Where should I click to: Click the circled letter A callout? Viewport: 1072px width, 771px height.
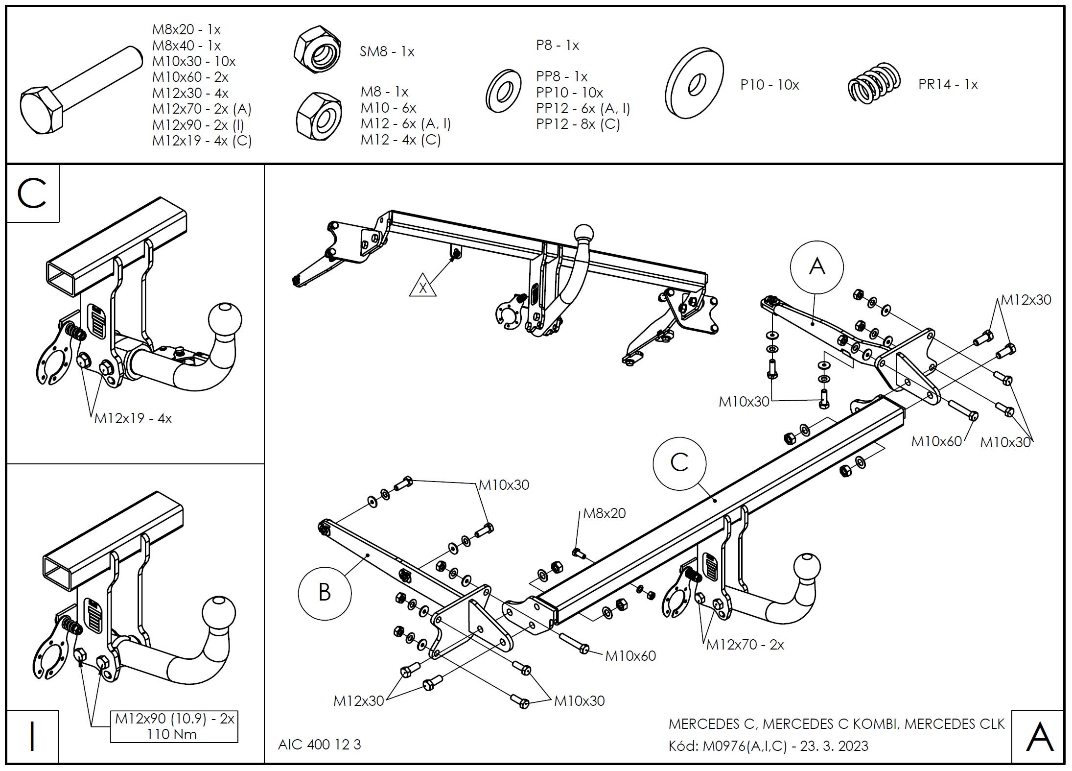[816, 267]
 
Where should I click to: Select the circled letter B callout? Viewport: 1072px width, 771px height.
[325, 592]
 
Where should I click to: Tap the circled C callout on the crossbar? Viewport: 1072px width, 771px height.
[679, 462]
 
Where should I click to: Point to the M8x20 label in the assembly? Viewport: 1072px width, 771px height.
[604, 513]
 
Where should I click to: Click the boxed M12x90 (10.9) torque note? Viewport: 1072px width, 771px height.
[174, 726]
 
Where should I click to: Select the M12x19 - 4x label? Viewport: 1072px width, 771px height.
[133, 418]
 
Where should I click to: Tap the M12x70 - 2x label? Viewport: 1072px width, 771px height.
[745, 645]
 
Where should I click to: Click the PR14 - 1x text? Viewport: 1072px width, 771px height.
[948, 84]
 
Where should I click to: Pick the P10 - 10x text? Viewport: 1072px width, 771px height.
[769, 85]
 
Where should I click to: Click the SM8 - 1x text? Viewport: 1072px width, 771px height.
[387, 51]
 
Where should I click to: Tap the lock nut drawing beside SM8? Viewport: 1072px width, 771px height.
[318, 50]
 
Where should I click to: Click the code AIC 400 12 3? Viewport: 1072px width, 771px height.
[319, 745]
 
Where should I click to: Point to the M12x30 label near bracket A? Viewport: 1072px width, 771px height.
[1025, 300]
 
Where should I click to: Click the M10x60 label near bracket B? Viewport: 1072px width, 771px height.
[630, 655]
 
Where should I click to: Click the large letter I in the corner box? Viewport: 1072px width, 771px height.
[32, 736]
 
